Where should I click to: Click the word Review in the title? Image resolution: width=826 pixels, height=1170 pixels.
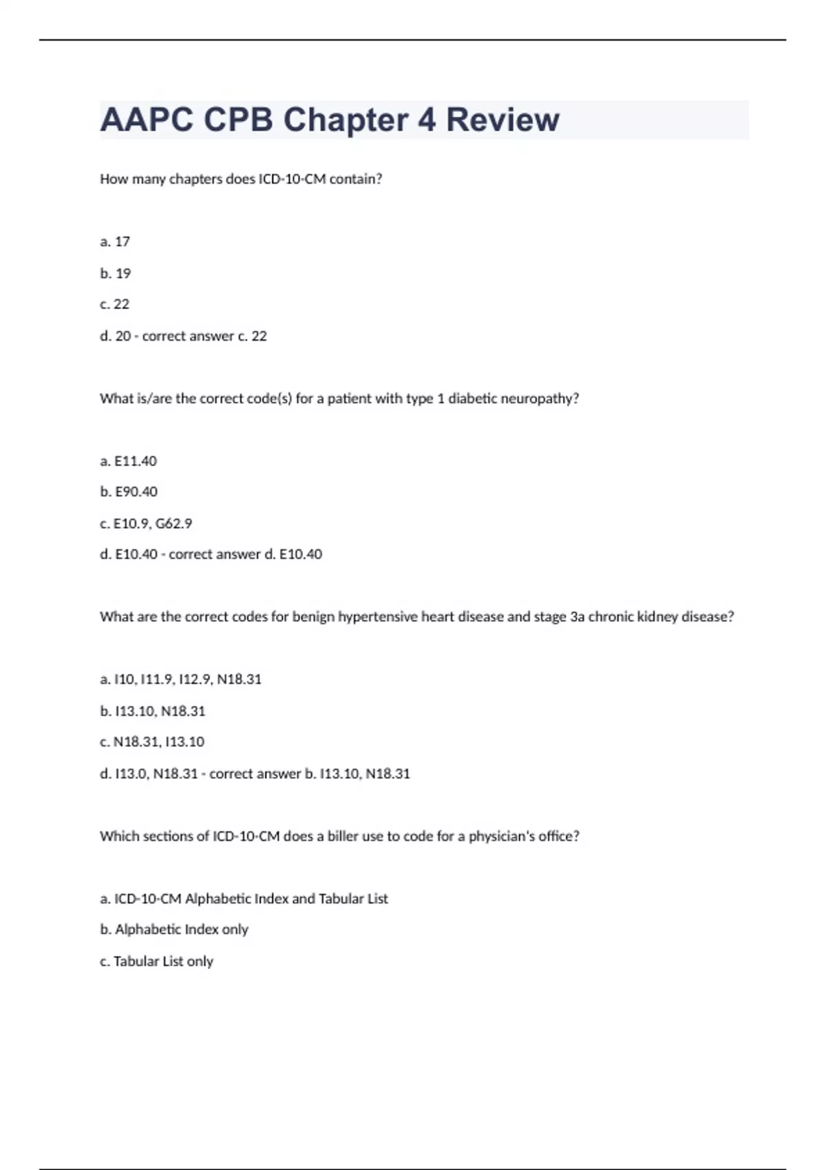click(x=502, y=120)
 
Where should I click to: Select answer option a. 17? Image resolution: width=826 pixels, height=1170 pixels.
click(x=115, y=242)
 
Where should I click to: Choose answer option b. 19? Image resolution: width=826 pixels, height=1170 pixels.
click(x=115, y=273)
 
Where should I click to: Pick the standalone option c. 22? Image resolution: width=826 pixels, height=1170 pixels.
click(x=115, y=304)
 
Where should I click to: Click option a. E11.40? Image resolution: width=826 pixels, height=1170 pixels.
click(x=129, y=461)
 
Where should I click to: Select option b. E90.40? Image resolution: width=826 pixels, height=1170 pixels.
click(x=129, y=491)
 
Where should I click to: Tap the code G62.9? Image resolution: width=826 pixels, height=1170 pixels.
click(x=173, y=524)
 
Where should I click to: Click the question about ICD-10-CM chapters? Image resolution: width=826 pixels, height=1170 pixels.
click(x=241, y=179)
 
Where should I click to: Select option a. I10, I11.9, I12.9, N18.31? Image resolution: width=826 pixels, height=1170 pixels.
click(x=181, y=679)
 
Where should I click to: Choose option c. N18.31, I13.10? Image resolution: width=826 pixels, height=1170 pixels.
click(x=152, y=742)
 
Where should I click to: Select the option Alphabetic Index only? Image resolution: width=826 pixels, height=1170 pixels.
click(x=174, y=929)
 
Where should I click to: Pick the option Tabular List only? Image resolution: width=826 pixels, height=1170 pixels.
click(x=157, y=961)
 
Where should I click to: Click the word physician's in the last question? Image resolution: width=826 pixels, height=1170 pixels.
click(x=500, y=836)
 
